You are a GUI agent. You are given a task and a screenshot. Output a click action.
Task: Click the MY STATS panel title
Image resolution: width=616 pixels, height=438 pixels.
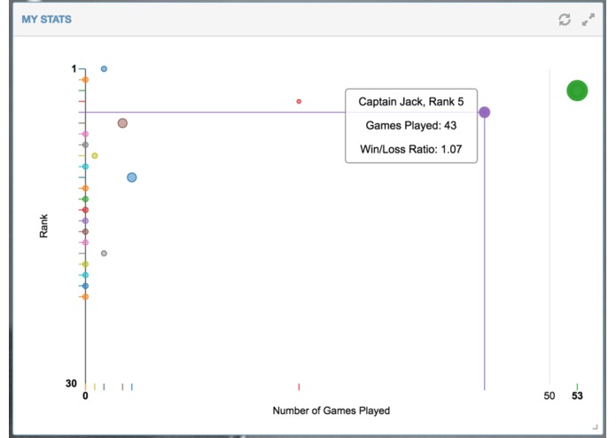coord(46,20)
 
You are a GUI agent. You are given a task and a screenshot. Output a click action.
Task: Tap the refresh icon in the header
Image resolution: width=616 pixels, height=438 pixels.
coord(565,20)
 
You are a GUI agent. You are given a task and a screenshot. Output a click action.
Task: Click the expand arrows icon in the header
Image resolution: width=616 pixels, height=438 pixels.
coord(589,20)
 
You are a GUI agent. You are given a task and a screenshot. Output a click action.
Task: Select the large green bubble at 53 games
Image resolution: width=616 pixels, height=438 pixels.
coord(577,90)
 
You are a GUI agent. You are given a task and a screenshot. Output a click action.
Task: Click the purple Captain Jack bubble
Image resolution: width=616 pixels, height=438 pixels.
coord(485,113)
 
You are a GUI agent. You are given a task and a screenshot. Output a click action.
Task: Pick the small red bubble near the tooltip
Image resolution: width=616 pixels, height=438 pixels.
coord(299,101)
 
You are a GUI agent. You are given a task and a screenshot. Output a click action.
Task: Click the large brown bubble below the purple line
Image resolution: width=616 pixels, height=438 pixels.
coord(122,123)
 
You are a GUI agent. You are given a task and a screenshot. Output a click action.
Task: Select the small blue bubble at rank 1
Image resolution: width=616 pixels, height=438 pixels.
coord(104,69)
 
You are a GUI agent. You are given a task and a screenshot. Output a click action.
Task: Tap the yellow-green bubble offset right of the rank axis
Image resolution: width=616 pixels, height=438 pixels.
coord(95,155)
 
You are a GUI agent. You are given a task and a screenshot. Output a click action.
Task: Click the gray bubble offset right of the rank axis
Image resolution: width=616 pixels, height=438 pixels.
coord(104,254)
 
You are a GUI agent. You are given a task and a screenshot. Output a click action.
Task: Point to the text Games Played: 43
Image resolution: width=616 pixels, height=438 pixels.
coord(411,126)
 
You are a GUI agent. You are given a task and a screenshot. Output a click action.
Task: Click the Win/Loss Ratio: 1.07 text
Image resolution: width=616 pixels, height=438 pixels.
coord(411,149)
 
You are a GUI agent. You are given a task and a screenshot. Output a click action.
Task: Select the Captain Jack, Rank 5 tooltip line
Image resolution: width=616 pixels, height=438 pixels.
coord(411,102)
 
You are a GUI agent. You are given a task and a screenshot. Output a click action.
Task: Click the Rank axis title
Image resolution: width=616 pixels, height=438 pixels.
coord(43,226)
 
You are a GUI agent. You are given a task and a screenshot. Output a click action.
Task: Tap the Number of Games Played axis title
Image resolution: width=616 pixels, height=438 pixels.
coord(331,411)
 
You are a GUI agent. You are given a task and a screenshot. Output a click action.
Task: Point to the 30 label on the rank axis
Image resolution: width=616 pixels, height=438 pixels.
coord(71,383)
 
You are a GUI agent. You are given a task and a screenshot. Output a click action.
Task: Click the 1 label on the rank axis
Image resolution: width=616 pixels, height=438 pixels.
coord(74,69)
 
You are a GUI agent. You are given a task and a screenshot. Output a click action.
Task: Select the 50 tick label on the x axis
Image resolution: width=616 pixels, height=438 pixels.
coord(550,395)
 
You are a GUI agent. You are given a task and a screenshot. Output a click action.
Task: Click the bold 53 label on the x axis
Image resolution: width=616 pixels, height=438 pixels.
coord(577,395)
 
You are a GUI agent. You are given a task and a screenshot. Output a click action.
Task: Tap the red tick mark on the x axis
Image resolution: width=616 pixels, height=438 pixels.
coord(299,387)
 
